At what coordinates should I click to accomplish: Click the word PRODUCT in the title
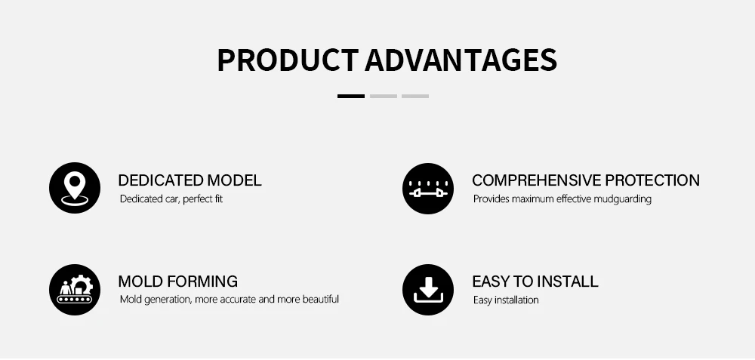[288, 60]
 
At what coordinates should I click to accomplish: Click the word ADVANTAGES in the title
[461, 60]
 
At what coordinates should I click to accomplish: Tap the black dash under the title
[350, 97]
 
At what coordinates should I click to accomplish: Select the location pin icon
[75, 188]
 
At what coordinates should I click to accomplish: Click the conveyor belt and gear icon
[75, 290]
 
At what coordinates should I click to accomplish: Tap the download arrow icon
[428, 290]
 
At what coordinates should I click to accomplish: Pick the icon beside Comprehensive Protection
[428, 188]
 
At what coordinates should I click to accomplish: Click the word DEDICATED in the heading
[161, 180]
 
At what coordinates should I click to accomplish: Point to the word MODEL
[235, 180]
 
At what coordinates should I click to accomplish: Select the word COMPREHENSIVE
[536, 180]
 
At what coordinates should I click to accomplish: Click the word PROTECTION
[652, 180]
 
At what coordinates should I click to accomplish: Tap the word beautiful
[321, 299]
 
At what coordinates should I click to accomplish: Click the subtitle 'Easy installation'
[506, 300]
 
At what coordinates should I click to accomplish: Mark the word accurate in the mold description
[238, 300]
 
